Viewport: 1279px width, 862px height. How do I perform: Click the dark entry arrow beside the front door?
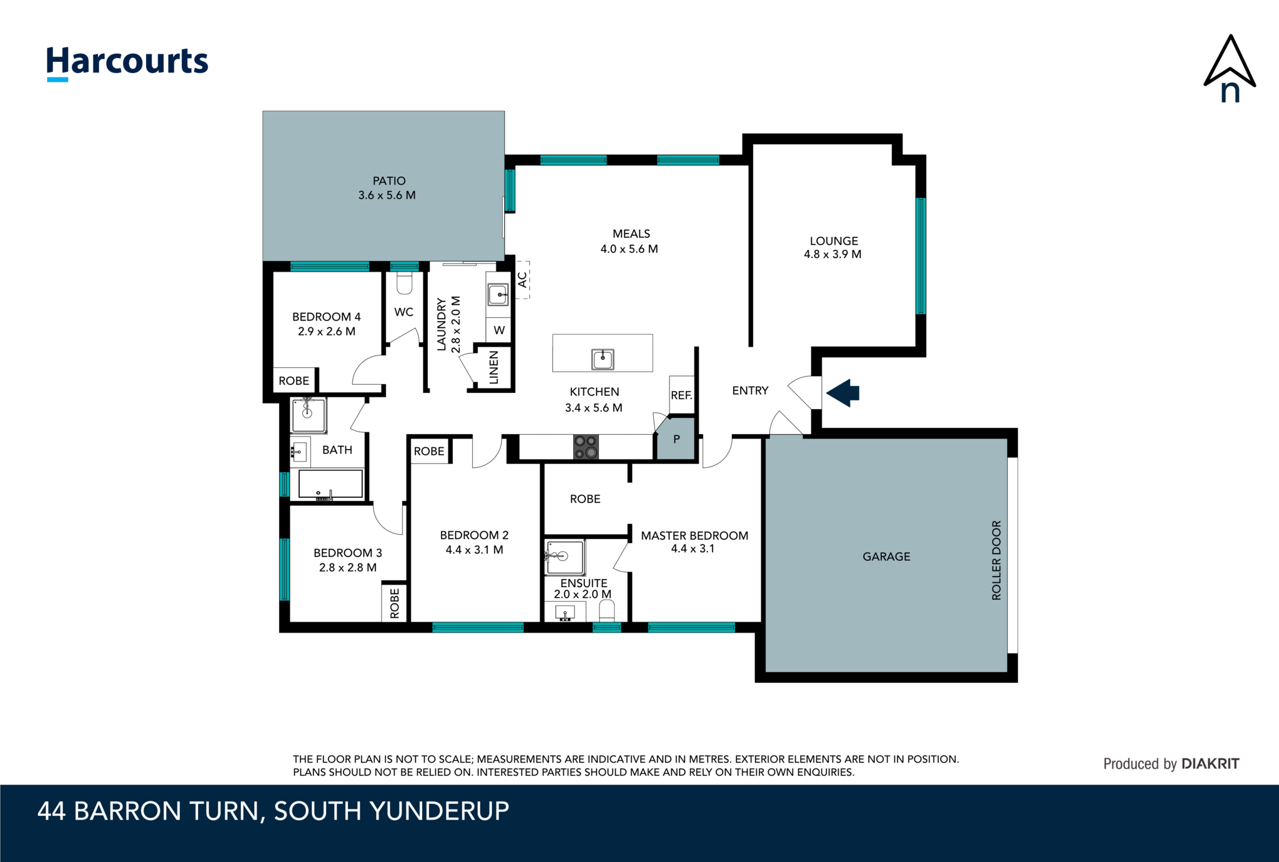pyautogui.click(x=842, y=393)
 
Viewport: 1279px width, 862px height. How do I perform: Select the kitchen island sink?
pyautogui.click(x=603, y=359)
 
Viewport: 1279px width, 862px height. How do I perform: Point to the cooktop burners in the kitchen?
pyautogui.click(x=586, y=447)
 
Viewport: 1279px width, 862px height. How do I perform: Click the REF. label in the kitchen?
pyautogui.click(x=681, y=395)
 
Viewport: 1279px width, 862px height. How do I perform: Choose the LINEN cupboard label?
pyautogui.click(x=494, y=367)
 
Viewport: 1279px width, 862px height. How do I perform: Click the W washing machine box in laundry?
pyautogui.click(x=499, y=330)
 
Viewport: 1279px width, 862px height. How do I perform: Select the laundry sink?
pyautogui.click(x=498, y=294)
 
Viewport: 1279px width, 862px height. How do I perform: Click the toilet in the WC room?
pyautogui.click(x=405, y=283)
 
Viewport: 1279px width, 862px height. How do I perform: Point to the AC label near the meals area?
pyautogui.click(x=522, y=279)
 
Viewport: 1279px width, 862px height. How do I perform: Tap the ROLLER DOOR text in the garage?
pyautogui.click(x=996, y=560)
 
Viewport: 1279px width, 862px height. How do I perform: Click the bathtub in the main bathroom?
pyautogui.click(x=330, y=484)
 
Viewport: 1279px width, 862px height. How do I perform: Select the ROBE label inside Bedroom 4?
pyautogui.click(x=294, y=381)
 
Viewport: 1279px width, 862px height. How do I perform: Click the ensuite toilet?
pyautogui.click(x=606, y=610)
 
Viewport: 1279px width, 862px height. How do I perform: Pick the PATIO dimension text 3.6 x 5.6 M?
pyautogui.click(x=387, y=195)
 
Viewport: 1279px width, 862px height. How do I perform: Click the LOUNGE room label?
pyautogui.click(x=834, y=241)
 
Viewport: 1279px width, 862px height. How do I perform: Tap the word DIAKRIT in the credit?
pyautogui.click(x=1210, y=763)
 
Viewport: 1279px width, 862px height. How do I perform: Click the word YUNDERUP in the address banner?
pyautogui.click(x=439, y=811)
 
